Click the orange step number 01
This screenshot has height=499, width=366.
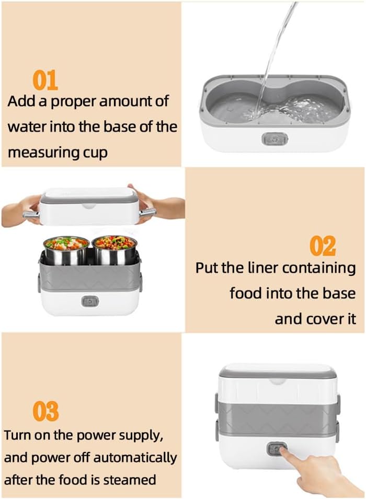pyautogui.click(x=45, y=80)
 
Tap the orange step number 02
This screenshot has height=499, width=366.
pyautogui.click(x=323, y=246)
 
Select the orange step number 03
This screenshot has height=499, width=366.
pyautogui.click(x=46, y=411)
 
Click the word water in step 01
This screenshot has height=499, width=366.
pyautogui.click(x=28, y=126)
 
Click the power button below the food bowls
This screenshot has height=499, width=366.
pyautogui.click(x=88, y=301)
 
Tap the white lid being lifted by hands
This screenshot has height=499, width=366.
pyautogui.click(x=89, y=206)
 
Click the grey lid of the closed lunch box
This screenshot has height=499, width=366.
pyautogui.click(x=277, y=373)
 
